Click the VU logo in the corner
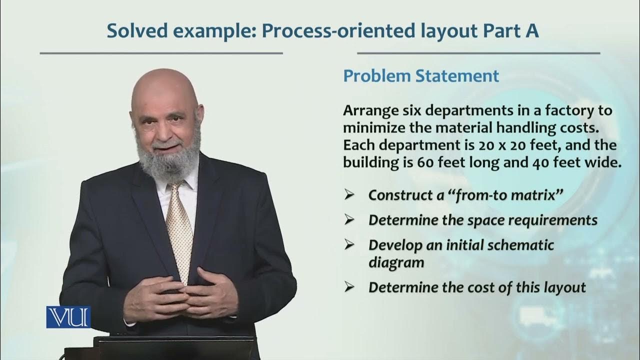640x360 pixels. (x=68, y=317)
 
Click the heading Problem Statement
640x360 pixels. (x=421, y=76)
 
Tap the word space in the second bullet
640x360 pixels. (x=483, y=220)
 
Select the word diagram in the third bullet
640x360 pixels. (x=396, y=262)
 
